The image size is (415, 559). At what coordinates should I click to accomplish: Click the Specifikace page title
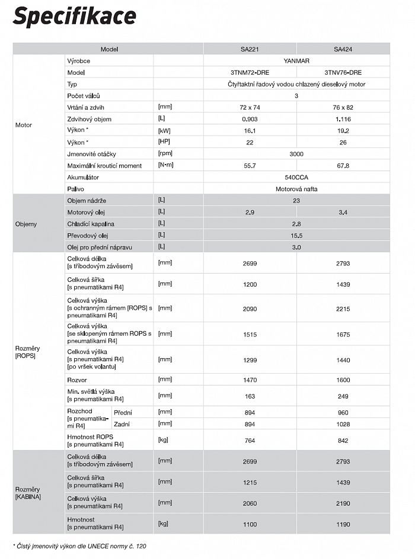click(74, 17)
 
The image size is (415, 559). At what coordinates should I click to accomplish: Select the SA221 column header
click(250, 49)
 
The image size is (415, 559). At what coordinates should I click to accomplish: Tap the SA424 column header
click(343, 49)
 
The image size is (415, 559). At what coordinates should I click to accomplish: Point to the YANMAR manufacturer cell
click(296, 60)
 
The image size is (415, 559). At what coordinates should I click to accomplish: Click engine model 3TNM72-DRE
click(250, 72)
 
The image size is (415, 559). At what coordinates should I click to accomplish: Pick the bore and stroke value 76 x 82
click(343, 107)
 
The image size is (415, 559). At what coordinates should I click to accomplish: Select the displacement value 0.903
click(250, 119)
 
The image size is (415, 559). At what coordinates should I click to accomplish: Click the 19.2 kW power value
click(343, 130)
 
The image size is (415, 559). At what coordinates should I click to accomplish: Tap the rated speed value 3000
click(296, 154)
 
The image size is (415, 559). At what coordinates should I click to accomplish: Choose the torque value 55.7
click(250, 166)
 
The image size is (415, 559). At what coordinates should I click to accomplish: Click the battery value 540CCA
click(296, 177)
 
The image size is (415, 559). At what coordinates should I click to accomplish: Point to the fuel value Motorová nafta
click(296, 189)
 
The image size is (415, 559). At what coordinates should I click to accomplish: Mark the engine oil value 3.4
click(343, 212)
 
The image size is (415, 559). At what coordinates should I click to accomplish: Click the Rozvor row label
click(77, 380)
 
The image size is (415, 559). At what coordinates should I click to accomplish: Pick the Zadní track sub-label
click(122, 424)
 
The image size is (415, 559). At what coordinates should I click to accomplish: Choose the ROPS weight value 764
click(250, 441)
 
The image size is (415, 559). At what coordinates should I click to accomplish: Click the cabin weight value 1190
click(343, 524)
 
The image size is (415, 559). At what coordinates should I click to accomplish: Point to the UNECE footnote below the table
click(79, 546)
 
